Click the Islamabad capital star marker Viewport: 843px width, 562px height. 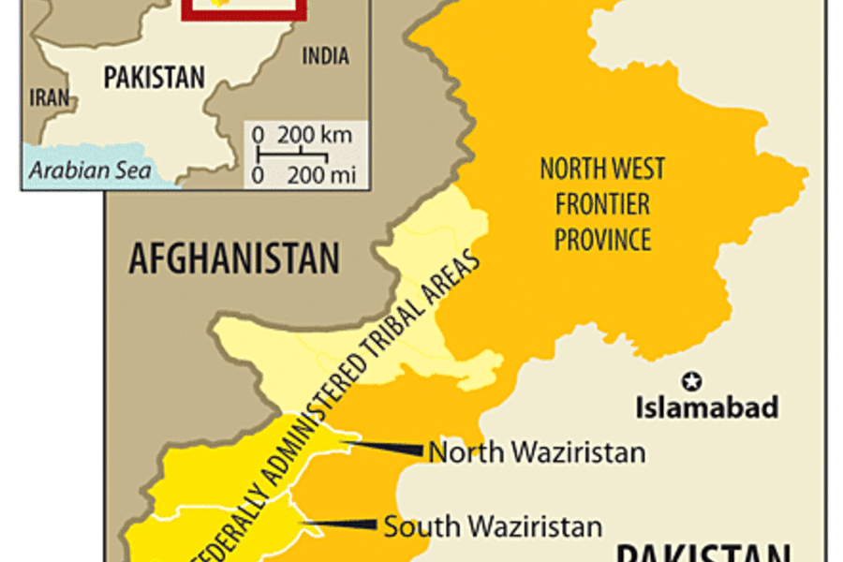pos(693,380)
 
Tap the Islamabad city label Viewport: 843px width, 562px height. pos(707,408)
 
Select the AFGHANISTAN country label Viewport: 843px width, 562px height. pos(234,259)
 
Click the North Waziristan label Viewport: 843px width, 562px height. pos(537,452)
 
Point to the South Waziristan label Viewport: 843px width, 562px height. pos(493,526)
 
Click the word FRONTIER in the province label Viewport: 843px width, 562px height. pos(602,203)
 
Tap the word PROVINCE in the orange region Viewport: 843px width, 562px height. pos(602,239)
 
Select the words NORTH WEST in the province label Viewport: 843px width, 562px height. pos(602,169)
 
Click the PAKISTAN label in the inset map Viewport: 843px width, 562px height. pos(154,77)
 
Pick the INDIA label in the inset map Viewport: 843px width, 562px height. pos(325,56)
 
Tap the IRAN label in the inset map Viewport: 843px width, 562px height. pos(50,97)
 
